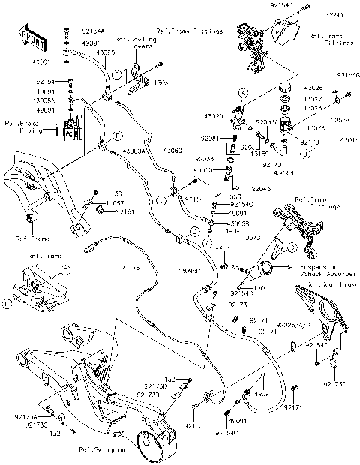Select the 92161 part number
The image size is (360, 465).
point(125,212)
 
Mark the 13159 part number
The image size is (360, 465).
point(259,142)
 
